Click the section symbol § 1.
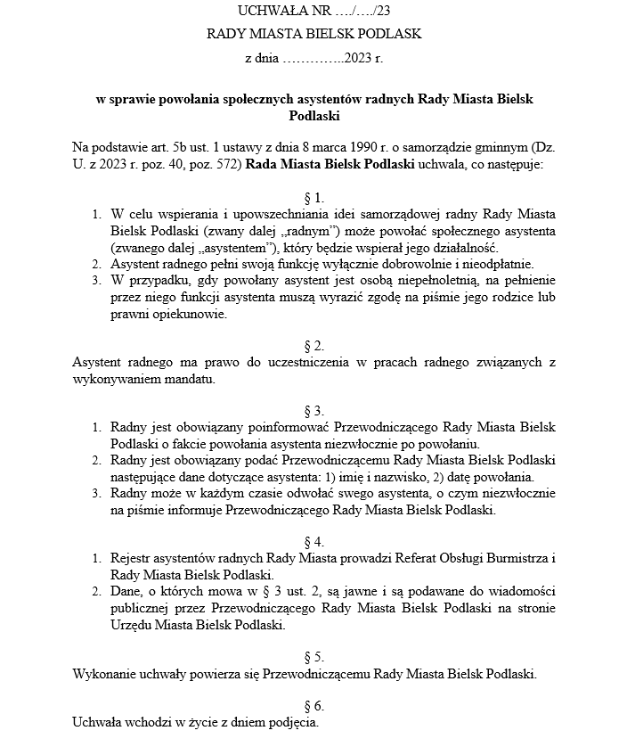click(313, 196)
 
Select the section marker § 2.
click(313, 345)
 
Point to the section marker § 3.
click(313, 410)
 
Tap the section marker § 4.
click(313, 541)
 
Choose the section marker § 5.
click(313, 656)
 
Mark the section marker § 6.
click(313, 705)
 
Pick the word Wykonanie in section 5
click(102, 673)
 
